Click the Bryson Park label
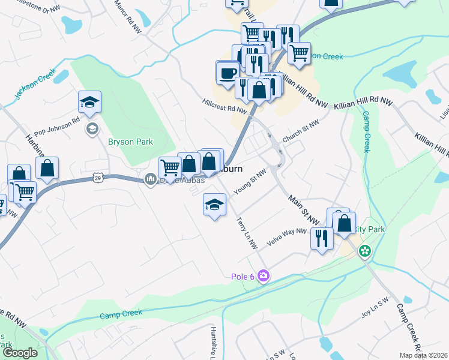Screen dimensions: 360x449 click(130, 142)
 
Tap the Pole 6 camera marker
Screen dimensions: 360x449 click(263, 276)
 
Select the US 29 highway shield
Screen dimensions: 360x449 click(99, 178)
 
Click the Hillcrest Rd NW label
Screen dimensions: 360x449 click(225, 107)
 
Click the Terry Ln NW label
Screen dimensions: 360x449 click(247, 233)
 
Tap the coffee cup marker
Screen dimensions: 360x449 click(227, 73)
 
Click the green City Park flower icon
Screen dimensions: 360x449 click(365, 251)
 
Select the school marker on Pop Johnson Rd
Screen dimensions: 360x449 click(89, 103)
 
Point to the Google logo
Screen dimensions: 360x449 click(20, 353)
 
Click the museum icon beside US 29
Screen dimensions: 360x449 click(151, 178)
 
